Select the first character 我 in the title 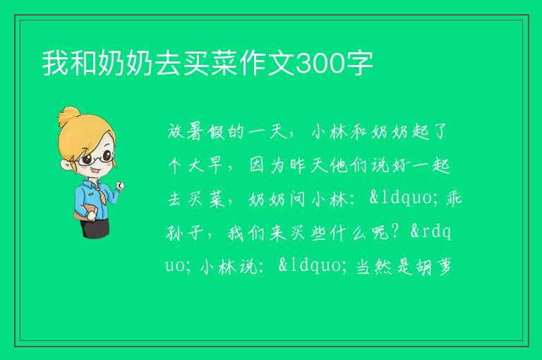[x=55, y=64]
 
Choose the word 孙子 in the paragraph [x=185, y=233]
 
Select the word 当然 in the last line [x=373, y=267]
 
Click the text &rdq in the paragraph [x=430, y=232]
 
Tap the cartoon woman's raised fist [x=120, y=186]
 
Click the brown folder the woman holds [x=84, y=211]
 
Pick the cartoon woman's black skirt [x=95, y=227]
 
